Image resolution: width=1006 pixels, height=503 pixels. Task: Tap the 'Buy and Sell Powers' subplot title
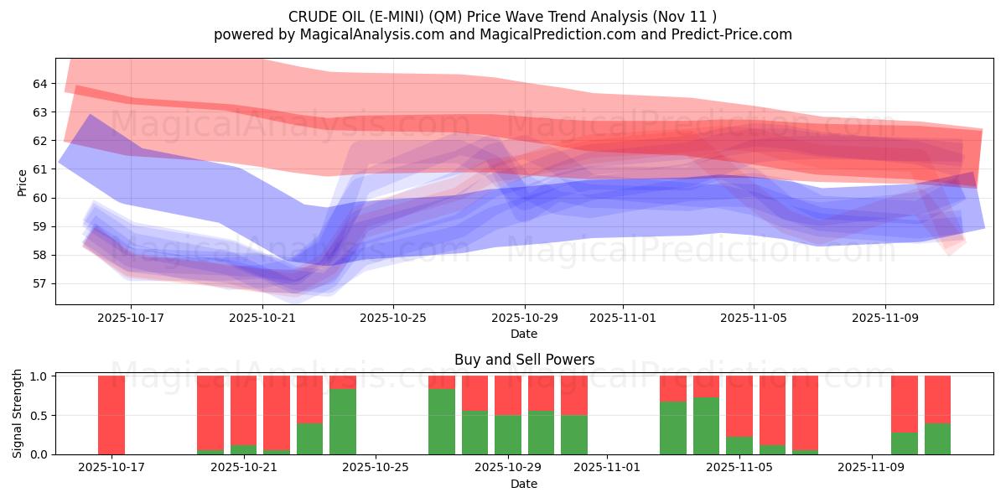[524, 360]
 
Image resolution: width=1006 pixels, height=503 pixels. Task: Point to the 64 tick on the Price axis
[40, 84]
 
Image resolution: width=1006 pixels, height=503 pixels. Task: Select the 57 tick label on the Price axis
[40, 283]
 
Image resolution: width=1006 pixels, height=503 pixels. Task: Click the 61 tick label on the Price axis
[40, 169]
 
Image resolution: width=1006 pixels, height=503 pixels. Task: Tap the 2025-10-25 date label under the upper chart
[394, 318]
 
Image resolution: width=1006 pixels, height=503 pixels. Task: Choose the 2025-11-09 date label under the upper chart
[886, 318]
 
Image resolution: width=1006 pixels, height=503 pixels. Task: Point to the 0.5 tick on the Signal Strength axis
[39, 416]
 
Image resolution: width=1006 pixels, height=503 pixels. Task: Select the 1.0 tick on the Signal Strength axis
[39, 376]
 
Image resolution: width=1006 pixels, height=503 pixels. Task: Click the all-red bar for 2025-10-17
[111, 415]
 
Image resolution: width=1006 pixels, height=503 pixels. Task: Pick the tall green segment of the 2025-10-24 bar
[343, 422]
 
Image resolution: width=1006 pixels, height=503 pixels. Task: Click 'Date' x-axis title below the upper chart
[524, 334]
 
